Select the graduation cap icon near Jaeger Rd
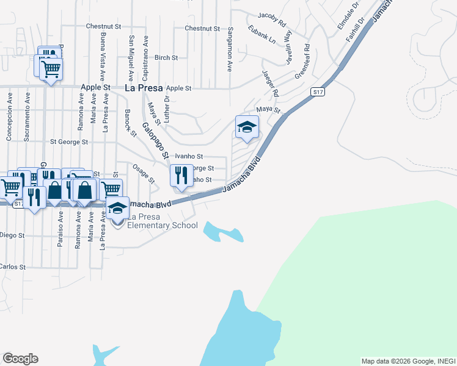(247, 127)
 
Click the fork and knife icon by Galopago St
(181, 176)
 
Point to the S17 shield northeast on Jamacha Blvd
(316, 91)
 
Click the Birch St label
(166, 58)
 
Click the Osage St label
(144, 174)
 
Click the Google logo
(20, 359)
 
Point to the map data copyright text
(408, 361)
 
